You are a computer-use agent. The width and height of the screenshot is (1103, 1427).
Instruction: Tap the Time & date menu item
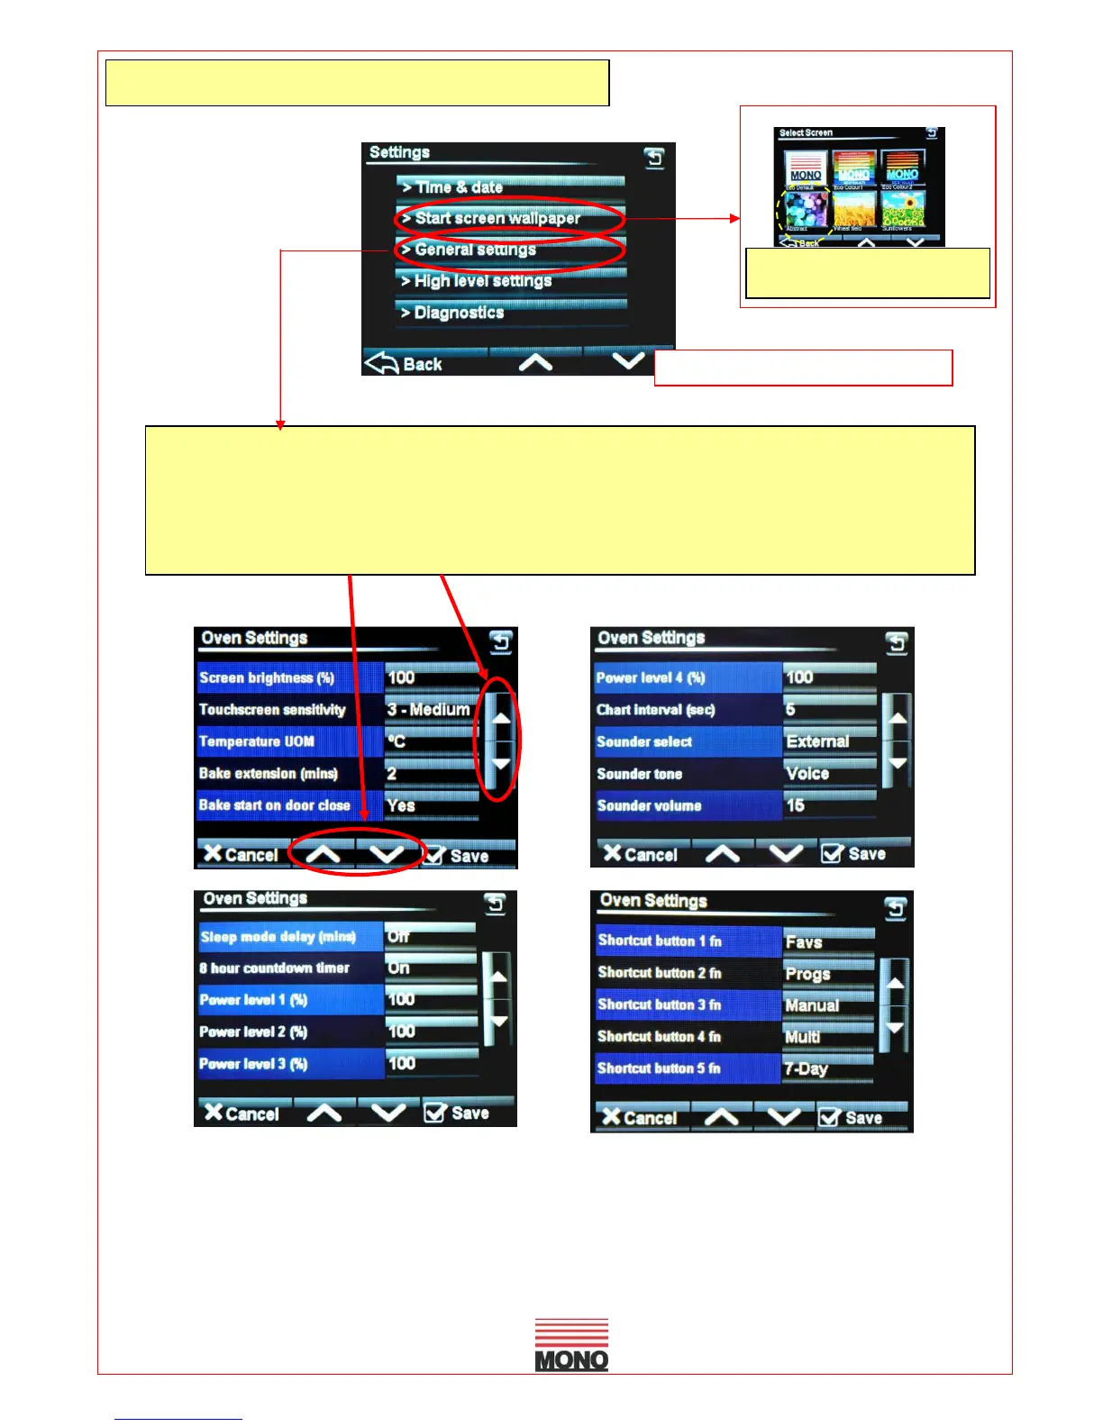(510, 187)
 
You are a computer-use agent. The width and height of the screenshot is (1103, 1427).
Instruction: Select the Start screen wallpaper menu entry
(510, 218)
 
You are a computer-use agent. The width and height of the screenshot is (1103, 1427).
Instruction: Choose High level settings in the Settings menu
(510, 281)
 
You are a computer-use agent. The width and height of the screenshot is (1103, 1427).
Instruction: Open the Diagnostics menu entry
(510, 313)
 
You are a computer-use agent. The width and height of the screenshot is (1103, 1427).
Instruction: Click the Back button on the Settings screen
(405, 363)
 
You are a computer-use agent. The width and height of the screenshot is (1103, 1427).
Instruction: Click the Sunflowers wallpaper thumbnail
(902, 209)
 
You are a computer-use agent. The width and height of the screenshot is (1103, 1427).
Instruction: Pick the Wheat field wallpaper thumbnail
(854, 209)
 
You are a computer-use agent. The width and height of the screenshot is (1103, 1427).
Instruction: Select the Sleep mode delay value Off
(429, 937)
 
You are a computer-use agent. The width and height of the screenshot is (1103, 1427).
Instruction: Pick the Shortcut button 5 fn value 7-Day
(827, 1068)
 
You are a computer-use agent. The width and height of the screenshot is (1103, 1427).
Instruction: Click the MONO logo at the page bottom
(571, 1345)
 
